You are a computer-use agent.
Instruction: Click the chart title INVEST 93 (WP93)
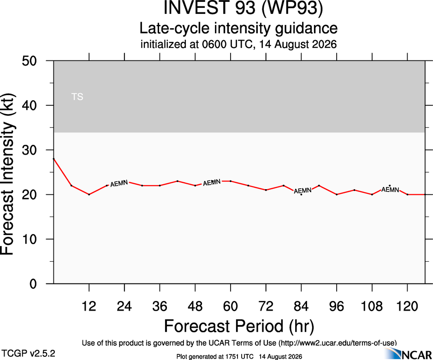pyautogui.click(x=243, y=8)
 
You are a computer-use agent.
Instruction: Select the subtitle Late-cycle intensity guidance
pyautogui.click(x=238, y=28)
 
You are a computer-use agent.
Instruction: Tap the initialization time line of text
pyautogui.click(x=238, y=44)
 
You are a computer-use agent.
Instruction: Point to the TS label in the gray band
pyautogui.click(x=77, y=97)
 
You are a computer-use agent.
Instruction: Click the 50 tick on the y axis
pyautogui.click(x=29, y=61)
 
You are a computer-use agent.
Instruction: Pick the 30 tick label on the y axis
pyautogui.click(x=29, y=150)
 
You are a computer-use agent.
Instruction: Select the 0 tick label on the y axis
pyautogui.click(x=33, y=284)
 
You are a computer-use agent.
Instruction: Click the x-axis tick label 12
pyautogui.click(x=89, y=306)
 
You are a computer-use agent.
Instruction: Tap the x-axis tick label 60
pyautogui.click(x=230, y=306)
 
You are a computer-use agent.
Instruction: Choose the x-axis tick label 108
pyautogui.click(x=372, y=306)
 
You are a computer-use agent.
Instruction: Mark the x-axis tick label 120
pyautogui.click(x=407, y=306)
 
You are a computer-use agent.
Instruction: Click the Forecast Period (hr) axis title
pyautogui.click(x=239, y=326)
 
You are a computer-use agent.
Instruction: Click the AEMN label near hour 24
pyautogui.click(x=119, y=183)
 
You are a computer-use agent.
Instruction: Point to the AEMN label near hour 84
pyautogui.click(x=303, y=191)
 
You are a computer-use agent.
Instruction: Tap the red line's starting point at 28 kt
pyautogui.click(x=53, y=159)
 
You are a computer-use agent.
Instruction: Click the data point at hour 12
pyautogui.click(x=89, y=194)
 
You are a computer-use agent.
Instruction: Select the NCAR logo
pyautogui.click(x=408, y=354)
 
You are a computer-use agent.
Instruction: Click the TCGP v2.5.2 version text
pyautogui.click(x=29, y=353)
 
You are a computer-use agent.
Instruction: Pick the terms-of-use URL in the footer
pyautogui.click(x=338, y=343)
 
